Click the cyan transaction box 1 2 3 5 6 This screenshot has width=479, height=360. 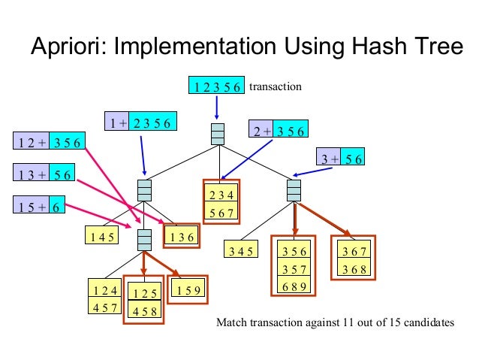click(216, 86)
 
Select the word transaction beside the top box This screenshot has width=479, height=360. click(275, 86)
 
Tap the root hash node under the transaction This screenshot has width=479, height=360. click(218, 133)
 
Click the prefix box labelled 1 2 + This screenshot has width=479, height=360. click(32, 142)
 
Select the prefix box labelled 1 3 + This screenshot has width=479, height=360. click(32, 175)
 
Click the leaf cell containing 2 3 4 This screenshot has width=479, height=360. click(219, 195)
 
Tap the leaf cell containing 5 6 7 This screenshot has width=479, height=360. click(219, 213)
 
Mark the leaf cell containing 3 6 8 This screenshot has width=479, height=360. click(355, 268)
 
